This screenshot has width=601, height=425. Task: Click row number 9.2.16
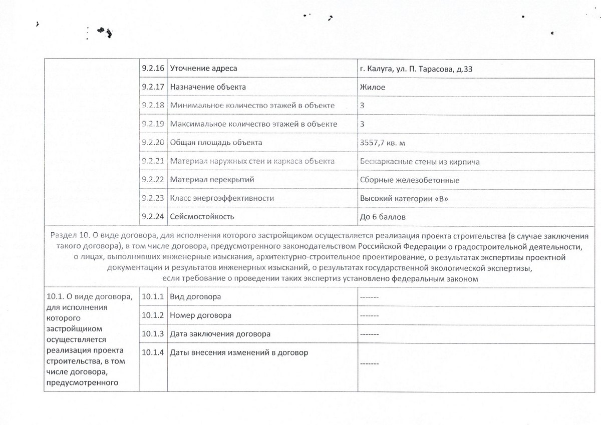pos(153,69)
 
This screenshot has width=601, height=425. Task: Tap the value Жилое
pos(372,87)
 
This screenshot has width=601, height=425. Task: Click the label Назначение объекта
pos(208,87)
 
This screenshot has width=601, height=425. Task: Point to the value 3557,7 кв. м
pos(383,143)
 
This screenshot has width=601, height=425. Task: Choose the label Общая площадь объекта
pos(216,143)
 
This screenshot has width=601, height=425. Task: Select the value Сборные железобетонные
pos(409,180)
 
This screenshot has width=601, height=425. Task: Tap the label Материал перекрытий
pos(212,180)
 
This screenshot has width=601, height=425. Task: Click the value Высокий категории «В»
pos(403,198)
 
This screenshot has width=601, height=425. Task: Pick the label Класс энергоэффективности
pos(222,198)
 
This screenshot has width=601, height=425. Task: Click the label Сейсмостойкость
pos(202,217)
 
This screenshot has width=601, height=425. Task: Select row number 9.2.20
pos(153,143)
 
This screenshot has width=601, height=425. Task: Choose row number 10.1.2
pos(153,315)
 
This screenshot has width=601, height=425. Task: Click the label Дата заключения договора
pos(220,334)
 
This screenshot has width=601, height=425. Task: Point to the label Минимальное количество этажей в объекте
pos(252,106)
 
